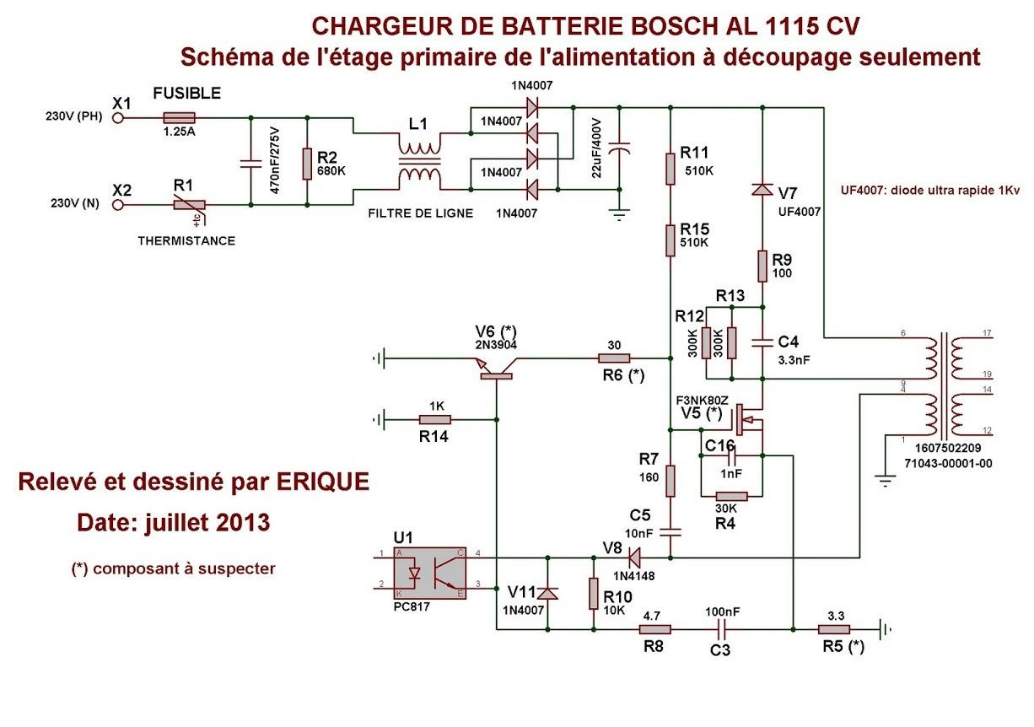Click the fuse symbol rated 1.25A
click(179, 118)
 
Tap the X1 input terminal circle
click(118, 118)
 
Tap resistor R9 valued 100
click(762, 266)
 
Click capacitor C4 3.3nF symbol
click(762, 342)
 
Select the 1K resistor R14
click(435, 419)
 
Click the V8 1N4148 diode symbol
click(631, 557)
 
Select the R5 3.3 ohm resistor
click(835, 629)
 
